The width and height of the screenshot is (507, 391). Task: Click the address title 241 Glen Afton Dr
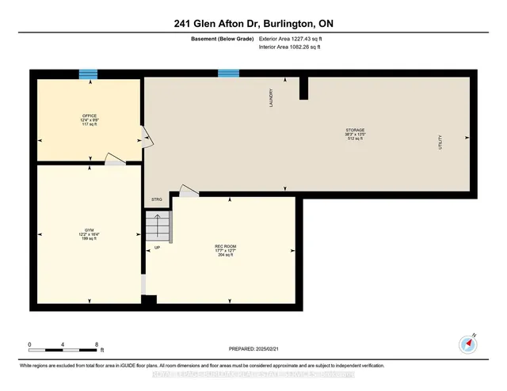253,24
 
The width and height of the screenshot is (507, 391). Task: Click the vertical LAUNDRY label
272,98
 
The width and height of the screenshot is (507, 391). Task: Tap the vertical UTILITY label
440,143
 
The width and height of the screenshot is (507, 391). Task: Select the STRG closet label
156,199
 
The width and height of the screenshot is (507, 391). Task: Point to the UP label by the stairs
157,248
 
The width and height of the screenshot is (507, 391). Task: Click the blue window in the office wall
89,74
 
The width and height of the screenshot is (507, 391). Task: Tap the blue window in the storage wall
228,74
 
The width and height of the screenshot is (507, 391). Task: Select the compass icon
467,344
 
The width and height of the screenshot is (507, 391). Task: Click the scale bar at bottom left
63,346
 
